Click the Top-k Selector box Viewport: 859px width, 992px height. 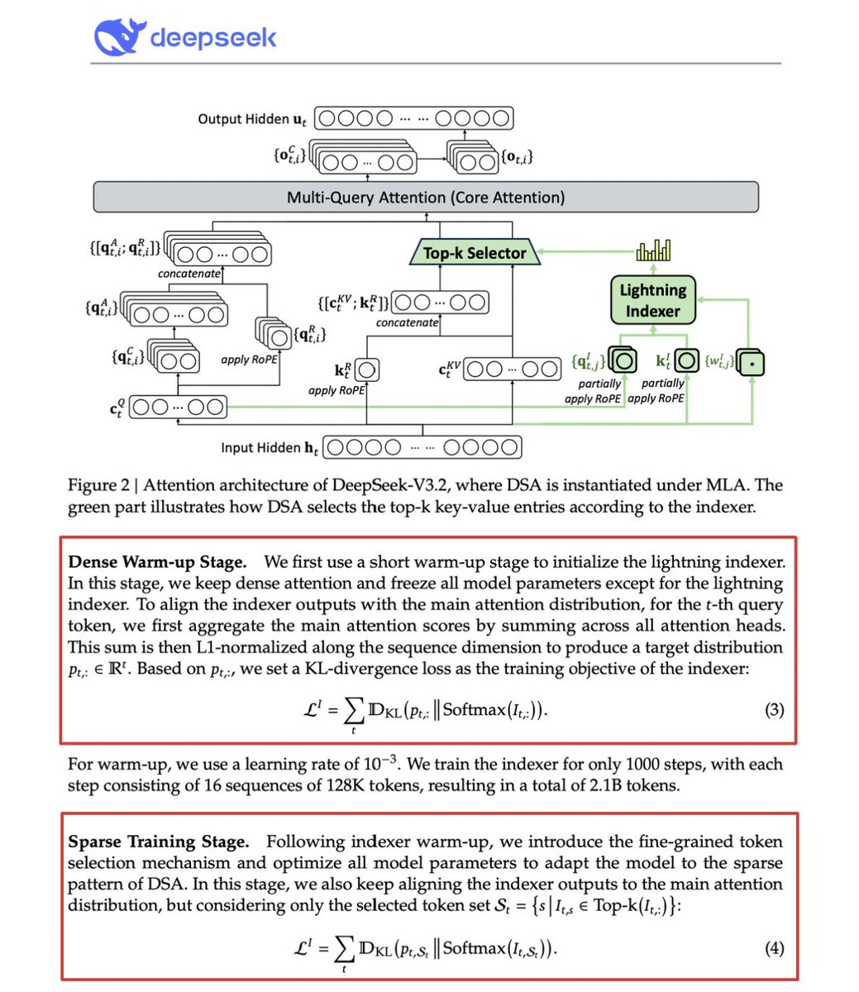(x=475, y=253)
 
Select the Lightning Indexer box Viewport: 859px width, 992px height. (x=653, y=300)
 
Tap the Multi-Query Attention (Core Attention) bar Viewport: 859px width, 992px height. (x=426, y=198)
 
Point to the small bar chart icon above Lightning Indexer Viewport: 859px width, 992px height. (x=653, y=250)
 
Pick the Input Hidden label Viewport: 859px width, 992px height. (x=261, y=448)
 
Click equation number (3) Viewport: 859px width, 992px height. (x=774, y=709)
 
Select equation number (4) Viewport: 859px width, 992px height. (x=774, y=948)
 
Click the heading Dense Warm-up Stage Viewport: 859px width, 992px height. (x=157, y=562)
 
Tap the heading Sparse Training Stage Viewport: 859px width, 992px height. (x=159, y=842)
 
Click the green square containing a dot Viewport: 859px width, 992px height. (x=752, y=362)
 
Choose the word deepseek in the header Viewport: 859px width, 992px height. (x=213, y=37)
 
